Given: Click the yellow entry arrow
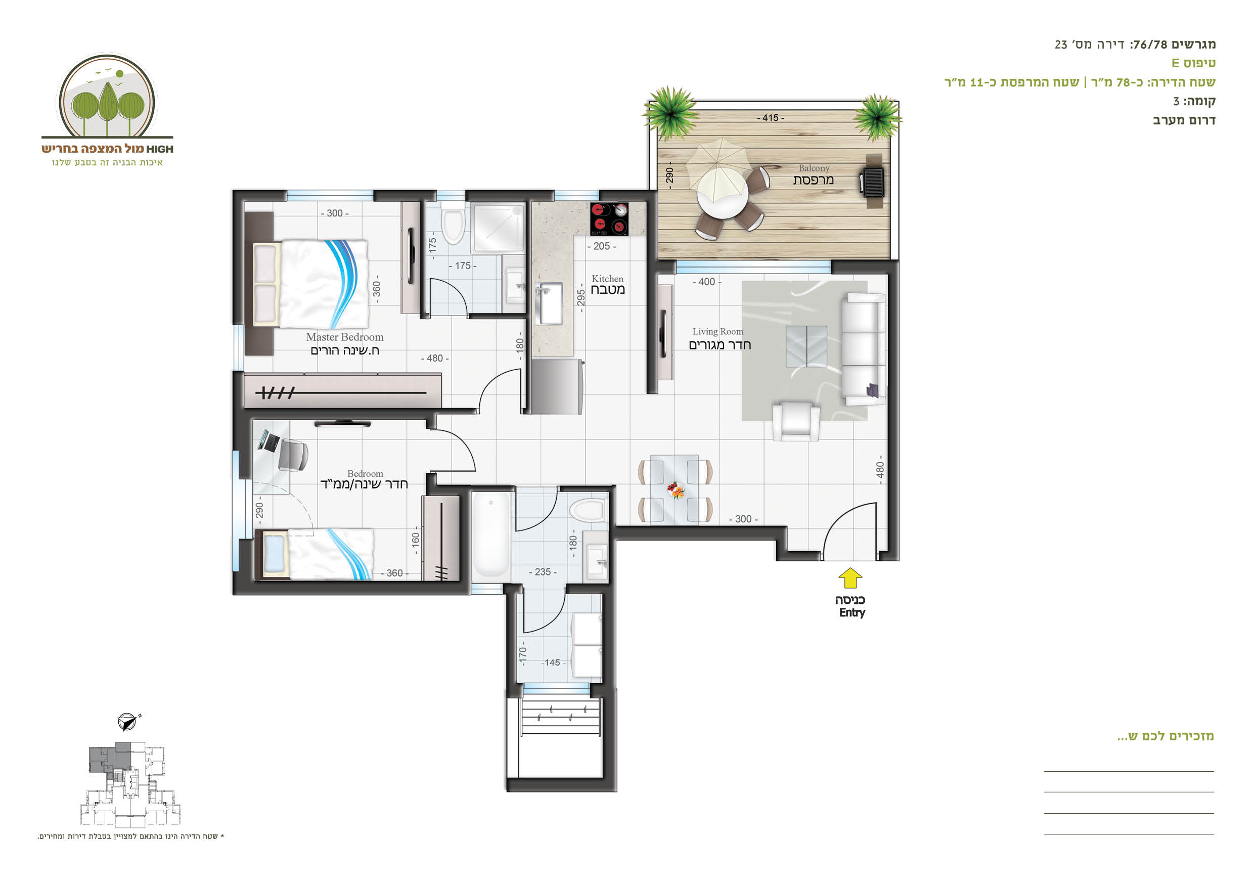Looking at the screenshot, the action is click(850, 578).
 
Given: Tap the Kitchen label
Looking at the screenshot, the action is click(607, 279).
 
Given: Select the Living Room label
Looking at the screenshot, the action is click(718, 332).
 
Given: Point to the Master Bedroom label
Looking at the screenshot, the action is click(345, 337).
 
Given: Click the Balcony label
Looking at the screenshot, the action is click(814, 168).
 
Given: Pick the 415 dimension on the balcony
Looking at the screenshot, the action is click(770, 118).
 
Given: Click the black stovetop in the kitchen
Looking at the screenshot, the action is click(609, 219).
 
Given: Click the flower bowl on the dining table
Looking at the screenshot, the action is click(676, 490).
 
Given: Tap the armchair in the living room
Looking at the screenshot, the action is click(795, 421).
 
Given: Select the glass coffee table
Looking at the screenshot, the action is click(806, 346).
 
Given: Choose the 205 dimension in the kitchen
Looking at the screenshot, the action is click(601, 246).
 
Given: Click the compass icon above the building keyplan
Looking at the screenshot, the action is click(128, 722).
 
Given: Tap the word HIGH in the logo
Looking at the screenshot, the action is click(159, 149).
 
